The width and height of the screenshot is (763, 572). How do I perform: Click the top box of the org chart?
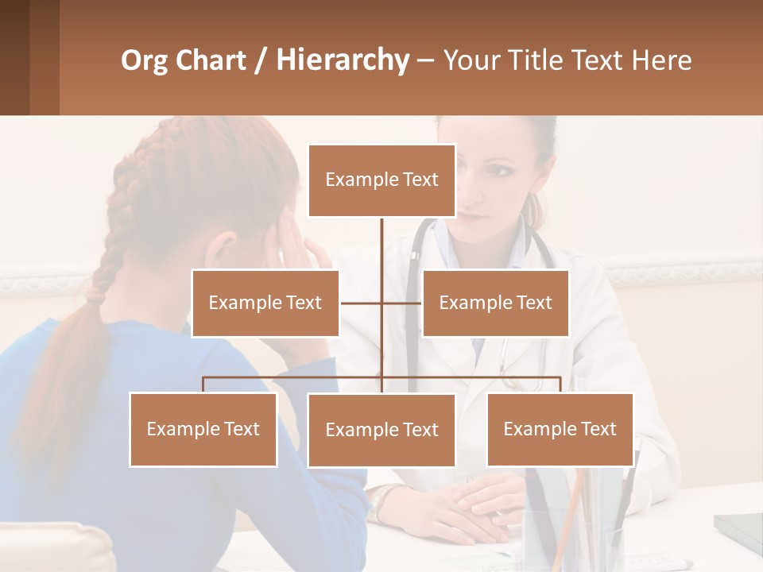(381, 180)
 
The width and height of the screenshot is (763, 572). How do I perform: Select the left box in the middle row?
(265, 303)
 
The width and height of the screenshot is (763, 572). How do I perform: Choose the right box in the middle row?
(495, 303)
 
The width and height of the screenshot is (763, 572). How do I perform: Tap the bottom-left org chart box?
(203, 429)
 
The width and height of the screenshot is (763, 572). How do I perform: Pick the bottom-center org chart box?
(381, 430)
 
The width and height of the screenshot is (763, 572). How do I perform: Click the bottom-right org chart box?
(560, 429)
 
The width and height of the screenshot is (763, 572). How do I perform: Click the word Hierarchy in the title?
(342, 60)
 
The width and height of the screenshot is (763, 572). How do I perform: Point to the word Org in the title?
(144, 60)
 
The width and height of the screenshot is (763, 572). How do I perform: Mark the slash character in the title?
(260, 60)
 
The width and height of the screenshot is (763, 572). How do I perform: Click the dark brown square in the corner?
(14, 57)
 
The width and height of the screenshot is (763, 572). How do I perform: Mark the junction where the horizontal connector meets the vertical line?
(381, 303)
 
